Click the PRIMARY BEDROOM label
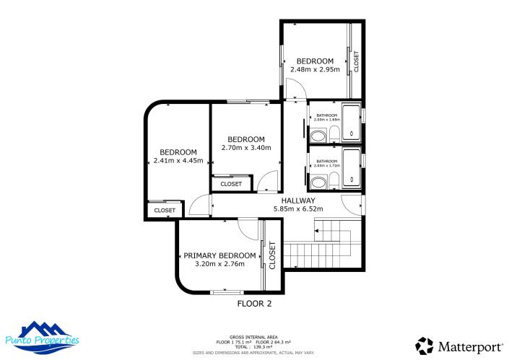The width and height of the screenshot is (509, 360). click(219, 255)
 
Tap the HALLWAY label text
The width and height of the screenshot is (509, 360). click(297, 201)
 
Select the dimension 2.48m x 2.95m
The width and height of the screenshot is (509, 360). click(315, 70)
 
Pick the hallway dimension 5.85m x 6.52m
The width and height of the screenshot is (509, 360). click(297, 209)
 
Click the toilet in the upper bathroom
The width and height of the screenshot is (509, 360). click(334, 132)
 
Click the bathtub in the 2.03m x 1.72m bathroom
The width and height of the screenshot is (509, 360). click(352, 169)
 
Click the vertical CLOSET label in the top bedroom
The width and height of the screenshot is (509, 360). click(356, 61)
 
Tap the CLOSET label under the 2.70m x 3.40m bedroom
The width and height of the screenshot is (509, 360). click(231, 184)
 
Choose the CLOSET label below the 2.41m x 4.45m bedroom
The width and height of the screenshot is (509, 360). click(165, 210)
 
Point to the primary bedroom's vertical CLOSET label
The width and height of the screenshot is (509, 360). click(272, 255)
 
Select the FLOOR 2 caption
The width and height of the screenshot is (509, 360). click(254, 304)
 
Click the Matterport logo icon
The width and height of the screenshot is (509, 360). click(425, 346)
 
